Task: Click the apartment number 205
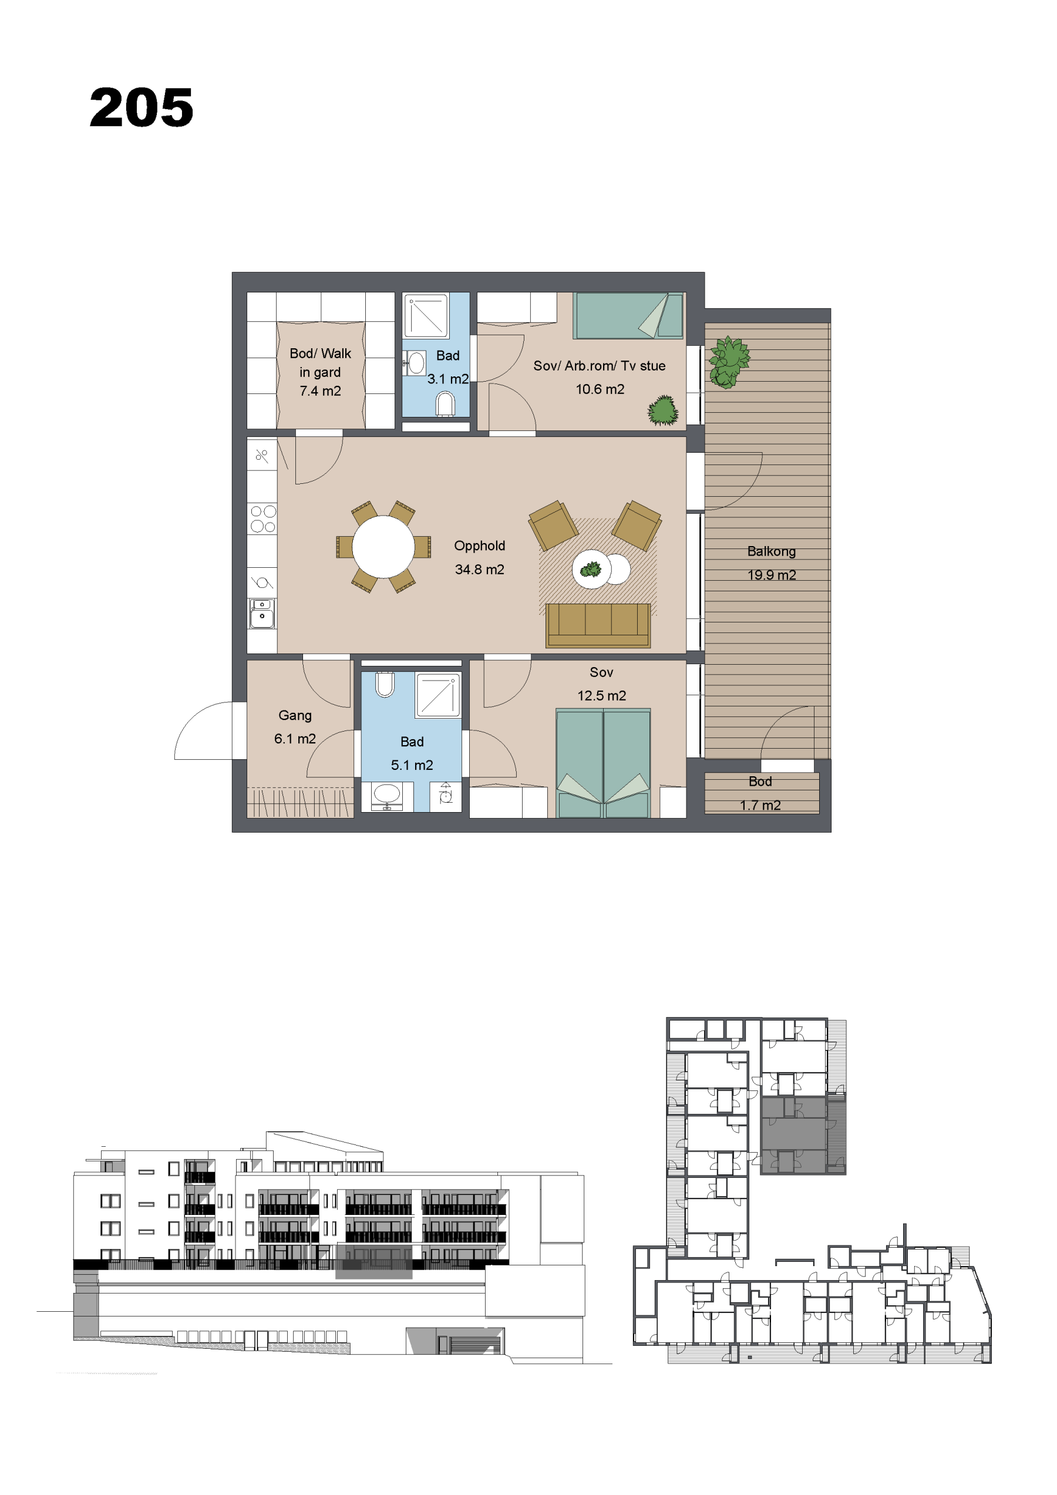142,107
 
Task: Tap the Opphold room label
479,546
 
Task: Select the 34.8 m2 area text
479,569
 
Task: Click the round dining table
383,547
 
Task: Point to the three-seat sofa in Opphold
598,625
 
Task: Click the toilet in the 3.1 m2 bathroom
446,404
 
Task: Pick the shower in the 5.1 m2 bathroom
437,695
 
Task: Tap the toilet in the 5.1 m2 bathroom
385,683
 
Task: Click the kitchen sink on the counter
262,614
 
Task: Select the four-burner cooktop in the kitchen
262,519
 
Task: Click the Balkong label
771,551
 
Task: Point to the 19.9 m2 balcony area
771,575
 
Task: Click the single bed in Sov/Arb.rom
628,316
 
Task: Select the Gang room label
295,715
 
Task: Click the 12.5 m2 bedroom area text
601,695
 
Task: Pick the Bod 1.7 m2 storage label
760,793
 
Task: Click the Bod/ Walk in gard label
320,372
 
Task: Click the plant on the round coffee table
591,570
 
